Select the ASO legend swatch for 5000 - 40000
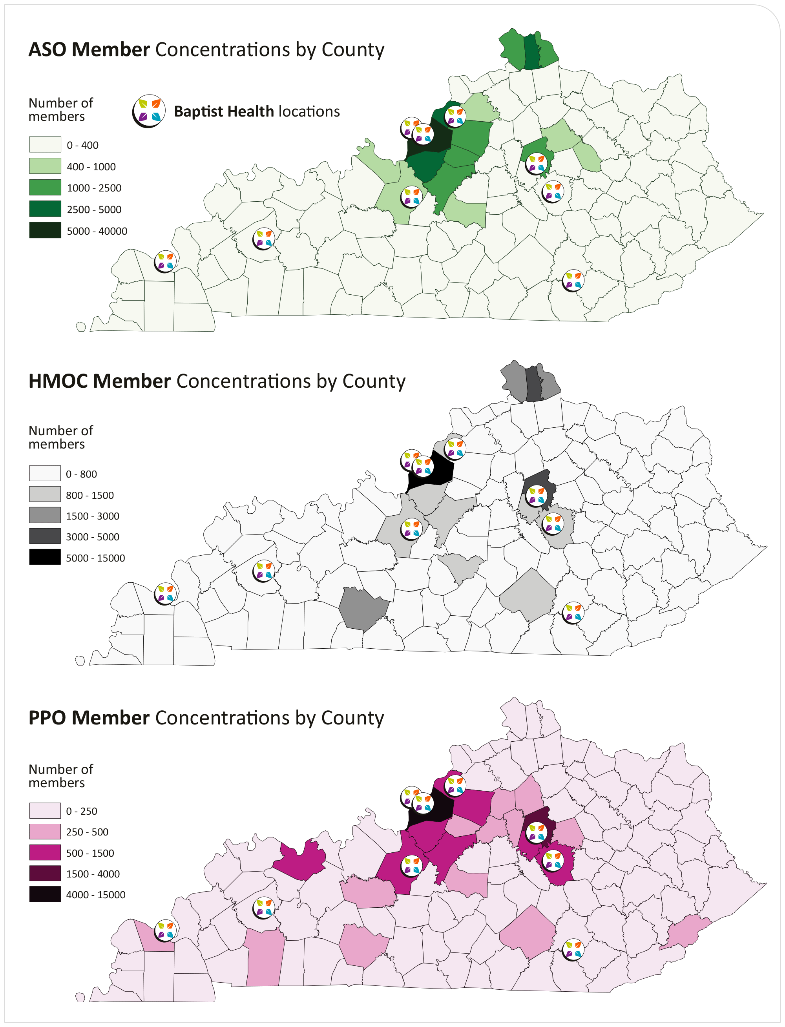click(45, 230)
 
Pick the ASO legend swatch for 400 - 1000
click(45, 166)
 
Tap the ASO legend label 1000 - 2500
click(94, 188)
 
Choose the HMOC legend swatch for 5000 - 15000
click(45, 557)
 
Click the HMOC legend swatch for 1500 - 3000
click(45, 515)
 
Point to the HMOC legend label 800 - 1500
click(90, 495)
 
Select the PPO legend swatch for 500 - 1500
click(45, 852)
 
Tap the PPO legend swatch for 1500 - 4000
click(45, 873)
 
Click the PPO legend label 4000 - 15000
click(95, 895)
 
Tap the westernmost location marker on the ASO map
click(165, 262)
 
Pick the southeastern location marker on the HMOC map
click(573, 613)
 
